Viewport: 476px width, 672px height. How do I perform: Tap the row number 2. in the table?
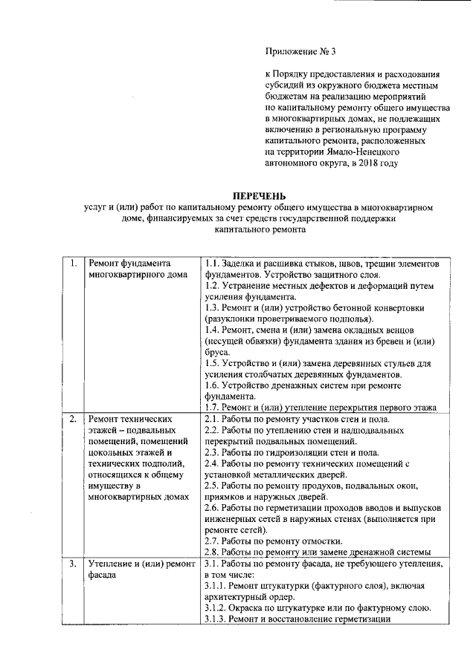[x=73, y=420]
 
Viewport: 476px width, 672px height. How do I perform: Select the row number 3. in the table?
[x=73, y=564]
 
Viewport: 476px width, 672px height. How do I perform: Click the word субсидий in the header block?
[x=284, y=85]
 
